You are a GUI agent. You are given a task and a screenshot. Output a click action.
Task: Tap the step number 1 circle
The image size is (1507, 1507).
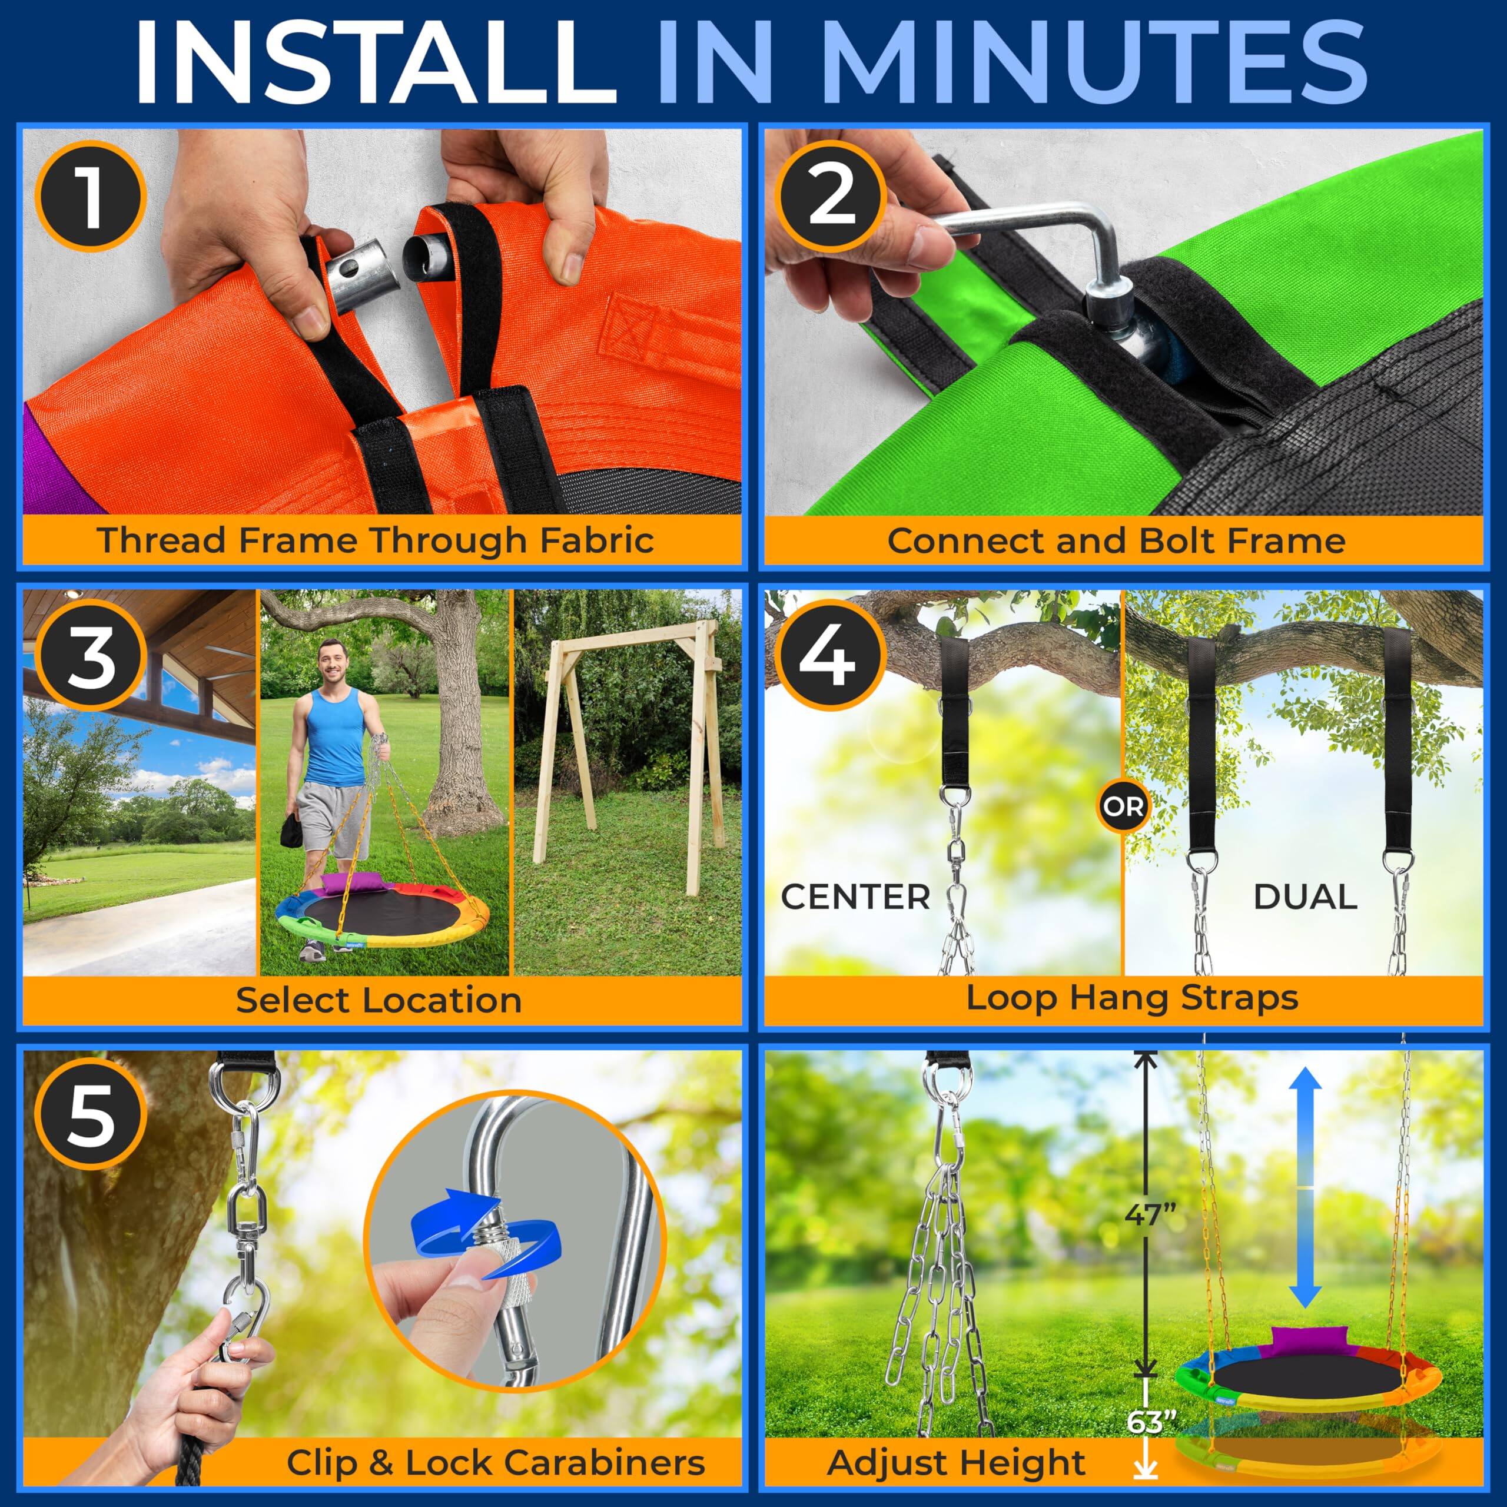coord(91,196)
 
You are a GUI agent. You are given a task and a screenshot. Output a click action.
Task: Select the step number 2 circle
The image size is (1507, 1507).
coord(832,196)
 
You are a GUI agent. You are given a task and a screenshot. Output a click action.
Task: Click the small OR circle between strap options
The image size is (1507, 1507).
coord(1124,806)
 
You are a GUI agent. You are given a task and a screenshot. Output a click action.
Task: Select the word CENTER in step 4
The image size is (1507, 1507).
coord(856,898)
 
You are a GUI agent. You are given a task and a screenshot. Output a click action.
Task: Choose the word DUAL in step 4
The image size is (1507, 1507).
coord(1305,898)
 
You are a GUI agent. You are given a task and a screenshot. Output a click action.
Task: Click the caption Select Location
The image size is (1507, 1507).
coord(379,1000)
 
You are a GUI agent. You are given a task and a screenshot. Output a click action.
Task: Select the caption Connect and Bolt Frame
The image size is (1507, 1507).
coord(1116,540)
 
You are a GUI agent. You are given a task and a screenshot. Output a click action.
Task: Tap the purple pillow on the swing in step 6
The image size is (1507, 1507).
coord(1302,1339)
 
